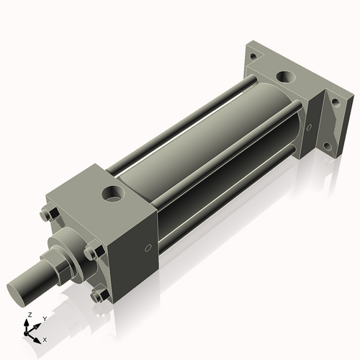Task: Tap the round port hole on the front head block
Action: click(113, 192)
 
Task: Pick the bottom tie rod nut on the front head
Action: click(99, 294)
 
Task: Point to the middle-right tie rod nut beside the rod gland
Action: click(91, 252)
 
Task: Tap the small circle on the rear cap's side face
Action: click(309, 127)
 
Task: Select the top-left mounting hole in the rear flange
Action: click(251, 55)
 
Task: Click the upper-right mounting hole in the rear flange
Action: click(335, 103)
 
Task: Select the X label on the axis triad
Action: click(45, 338)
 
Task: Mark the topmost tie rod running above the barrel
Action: click(180, 115)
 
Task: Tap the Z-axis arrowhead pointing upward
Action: click(29, 323)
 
